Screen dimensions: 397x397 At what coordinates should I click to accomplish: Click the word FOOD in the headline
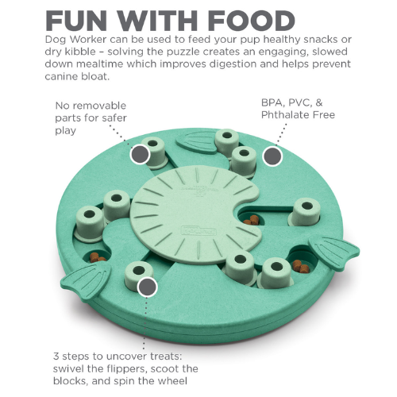252,21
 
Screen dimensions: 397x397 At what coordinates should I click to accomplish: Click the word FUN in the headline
77,21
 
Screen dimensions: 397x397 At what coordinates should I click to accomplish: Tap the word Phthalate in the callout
285,115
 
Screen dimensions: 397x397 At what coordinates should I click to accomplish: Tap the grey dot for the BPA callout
272,156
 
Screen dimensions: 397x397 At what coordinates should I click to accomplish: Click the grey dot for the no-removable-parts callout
140,154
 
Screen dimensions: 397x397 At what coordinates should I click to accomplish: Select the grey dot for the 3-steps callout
147,287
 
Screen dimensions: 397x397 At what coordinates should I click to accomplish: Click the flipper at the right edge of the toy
334,252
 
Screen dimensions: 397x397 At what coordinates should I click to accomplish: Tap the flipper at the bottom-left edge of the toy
87,281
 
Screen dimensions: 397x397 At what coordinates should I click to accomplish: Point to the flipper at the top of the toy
197,143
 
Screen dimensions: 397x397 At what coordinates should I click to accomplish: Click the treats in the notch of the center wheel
252,220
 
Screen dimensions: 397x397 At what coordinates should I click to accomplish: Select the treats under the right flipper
301,266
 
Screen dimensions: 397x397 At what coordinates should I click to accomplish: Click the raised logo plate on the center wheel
199,230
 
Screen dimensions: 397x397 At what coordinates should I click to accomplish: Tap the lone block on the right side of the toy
304,212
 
